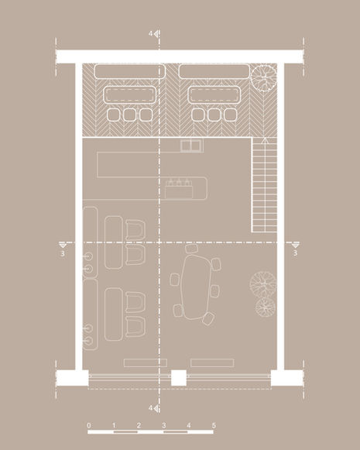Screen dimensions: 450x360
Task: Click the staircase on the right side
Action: click(265, 184)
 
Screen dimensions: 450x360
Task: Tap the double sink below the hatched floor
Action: click(190, 145)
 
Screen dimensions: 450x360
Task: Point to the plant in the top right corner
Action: click(263, 77)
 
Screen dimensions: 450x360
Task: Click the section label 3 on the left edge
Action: click(61, 252)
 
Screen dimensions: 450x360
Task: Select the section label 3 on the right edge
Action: click(296, 252)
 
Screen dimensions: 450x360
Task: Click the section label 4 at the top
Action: click(151, 34)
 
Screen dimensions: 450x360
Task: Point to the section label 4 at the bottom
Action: click(151, 407)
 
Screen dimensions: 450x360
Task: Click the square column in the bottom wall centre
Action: click(179, 378)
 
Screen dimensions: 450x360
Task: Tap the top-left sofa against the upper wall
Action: click(125, 71)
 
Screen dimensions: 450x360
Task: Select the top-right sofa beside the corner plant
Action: click(211, 71)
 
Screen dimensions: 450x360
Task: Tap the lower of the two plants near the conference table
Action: click(266, 307)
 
